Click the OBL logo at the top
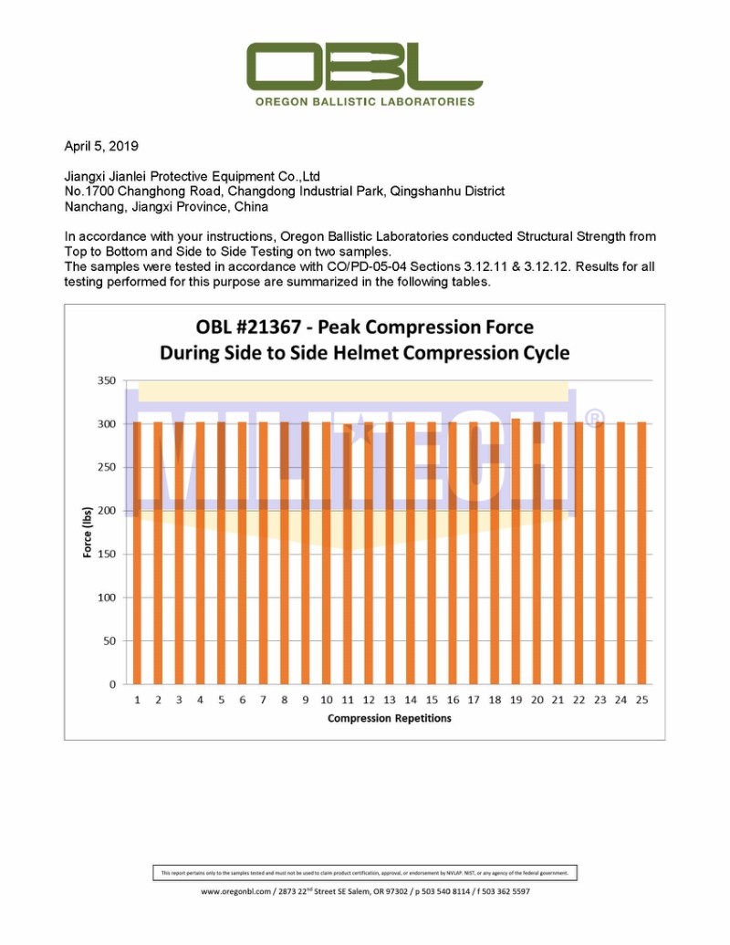click(x=364, y=66)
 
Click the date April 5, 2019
click(x=101, y=146)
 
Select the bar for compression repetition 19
click(x=515, y=551)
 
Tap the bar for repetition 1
click(x=137, y=553)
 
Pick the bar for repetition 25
click(x=641, y=553)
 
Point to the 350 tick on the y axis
click(x=107, y=380)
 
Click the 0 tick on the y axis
click(x=112, y=684)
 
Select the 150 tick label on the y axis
click(x=107, y=554)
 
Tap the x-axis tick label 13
click(x=389, y=700)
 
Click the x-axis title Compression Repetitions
click(x=389, y=718)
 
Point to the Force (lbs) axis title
click(x=88, y=532)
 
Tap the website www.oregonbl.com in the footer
click(x=236, y=891)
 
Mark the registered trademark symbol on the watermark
click(x=593, y=419)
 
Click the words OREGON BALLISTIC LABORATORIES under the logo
click(x=365, y=101)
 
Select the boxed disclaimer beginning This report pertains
click(x=364, y=873)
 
